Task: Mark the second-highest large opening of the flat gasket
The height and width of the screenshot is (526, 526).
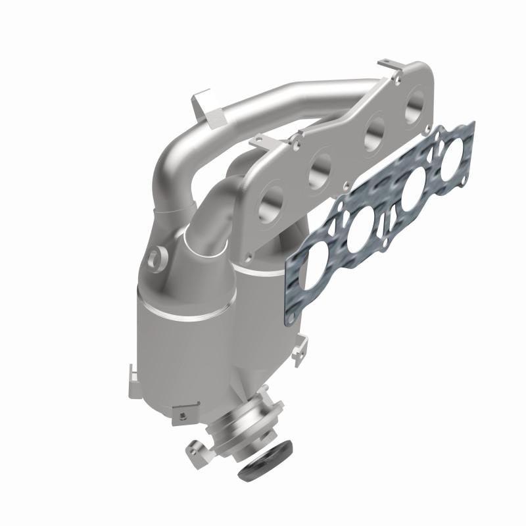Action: point(415,191)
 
